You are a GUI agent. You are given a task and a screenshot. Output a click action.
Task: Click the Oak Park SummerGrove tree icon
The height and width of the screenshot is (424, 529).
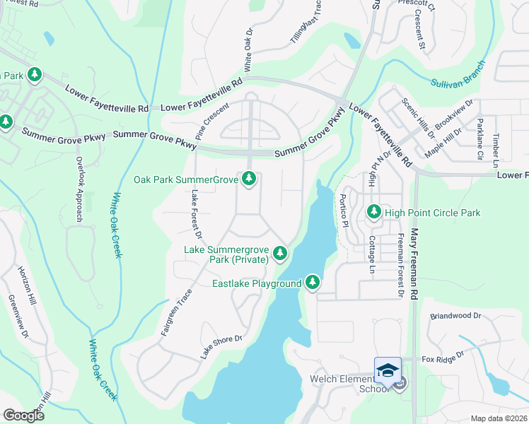pos(248,179)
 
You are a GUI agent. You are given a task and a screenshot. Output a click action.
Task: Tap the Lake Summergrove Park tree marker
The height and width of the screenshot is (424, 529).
pos(281,252)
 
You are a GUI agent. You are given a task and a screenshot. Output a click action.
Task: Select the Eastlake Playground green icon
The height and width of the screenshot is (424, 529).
pos(312,283)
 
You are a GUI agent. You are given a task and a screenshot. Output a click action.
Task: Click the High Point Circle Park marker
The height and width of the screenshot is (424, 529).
pos(373,211)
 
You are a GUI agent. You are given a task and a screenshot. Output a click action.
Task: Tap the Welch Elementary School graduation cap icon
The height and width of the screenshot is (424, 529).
pos(388,370)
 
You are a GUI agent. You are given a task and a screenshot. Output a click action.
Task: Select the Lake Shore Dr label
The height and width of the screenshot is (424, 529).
pos(221,347)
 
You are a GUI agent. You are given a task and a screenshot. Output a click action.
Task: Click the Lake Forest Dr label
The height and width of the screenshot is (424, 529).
pos(197,215)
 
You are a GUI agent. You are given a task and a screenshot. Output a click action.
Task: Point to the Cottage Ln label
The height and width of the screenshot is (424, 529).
pos(371,254)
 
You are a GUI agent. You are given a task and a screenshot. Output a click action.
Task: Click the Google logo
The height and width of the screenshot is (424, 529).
pos(23,416)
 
